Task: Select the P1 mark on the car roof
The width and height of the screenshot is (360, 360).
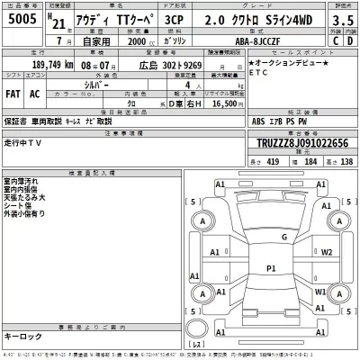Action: pos(271,268)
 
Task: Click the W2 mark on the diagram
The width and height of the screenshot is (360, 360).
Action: pos(326,253)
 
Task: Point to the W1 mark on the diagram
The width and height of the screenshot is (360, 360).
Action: pos(321,293)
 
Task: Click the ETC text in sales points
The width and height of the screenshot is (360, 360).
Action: pos(259,76)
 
